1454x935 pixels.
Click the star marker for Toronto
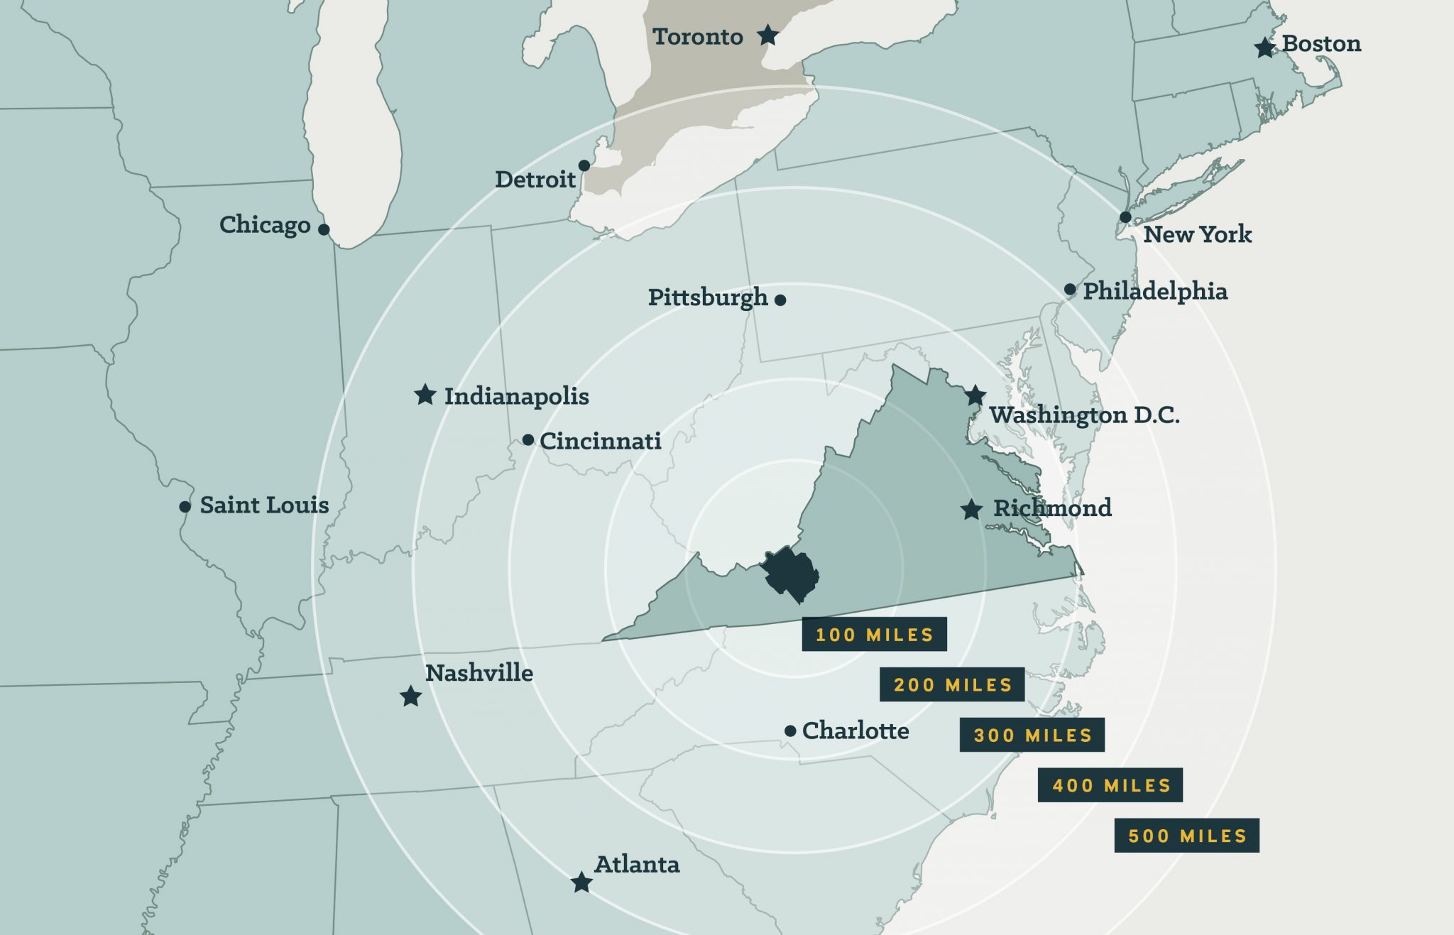767,35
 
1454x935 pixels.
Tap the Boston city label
1321,44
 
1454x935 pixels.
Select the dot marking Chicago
324,229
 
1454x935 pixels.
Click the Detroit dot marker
584,165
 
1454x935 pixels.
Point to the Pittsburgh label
708,297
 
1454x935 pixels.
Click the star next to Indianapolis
425,395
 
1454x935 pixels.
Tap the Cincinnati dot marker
528,440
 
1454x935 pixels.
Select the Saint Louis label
264,505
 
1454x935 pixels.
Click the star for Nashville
410,696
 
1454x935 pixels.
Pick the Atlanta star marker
581,882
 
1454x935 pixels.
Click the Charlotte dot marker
790,731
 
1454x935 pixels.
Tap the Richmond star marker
971,509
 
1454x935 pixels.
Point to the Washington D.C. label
1084,415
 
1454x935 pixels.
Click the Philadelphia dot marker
1070,289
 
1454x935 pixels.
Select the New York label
1197,234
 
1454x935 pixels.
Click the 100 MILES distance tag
874,634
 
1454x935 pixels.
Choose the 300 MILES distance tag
1032,735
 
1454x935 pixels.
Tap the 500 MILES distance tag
1186,836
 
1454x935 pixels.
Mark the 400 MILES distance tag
1110,785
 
